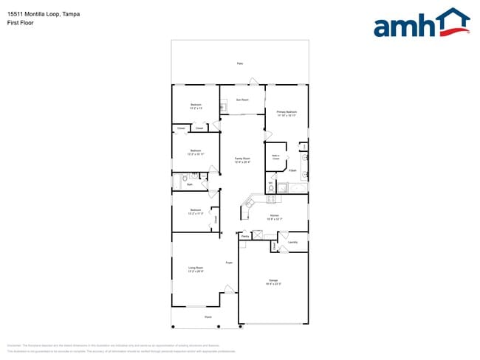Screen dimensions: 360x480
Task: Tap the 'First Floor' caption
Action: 21,23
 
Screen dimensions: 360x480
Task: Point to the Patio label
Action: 240,64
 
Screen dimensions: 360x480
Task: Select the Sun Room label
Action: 242,99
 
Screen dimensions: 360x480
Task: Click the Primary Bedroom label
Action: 287,112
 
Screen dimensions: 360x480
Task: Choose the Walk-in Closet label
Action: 275,157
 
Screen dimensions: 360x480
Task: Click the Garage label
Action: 272,281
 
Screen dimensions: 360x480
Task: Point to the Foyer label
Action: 229,262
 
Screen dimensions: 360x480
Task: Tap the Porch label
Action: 208,317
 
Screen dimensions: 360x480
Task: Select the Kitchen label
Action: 273,216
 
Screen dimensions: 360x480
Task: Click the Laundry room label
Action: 292,242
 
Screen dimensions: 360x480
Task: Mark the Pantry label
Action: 244,236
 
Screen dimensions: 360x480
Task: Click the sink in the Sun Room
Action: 223,106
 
